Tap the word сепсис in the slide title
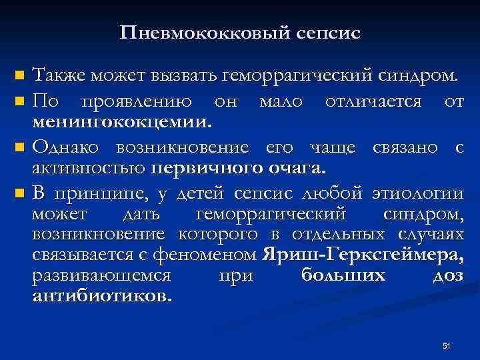point(325,33)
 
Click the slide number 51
point(447,345)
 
